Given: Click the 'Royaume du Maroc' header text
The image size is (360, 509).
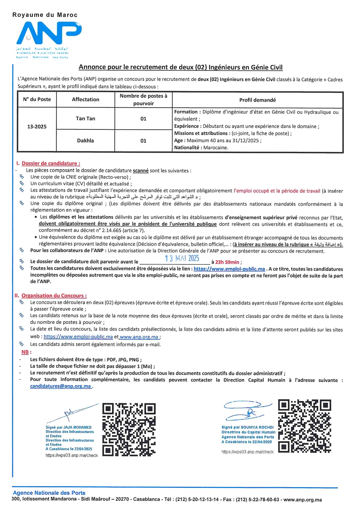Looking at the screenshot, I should tap(45, 15).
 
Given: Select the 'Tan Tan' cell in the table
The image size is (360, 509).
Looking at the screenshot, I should tap(85, 118).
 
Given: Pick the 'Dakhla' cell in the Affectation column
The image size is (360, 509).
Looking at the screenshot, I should tap(85, 140).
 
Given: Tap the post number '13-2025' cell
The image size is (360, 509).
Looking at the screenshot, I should tap(37, 127).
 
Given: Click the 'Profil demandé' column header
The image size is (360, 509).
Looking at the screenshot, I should tap(257, 100).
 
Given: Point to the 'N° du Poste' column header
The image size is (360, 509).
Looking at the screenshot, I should tap(37, 99).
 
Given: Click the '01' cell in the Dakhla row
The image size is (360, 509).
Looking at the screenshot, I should tap(143, 141).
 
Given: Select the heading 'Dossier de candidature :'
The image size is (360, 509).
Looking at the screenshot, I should tap(51, 163).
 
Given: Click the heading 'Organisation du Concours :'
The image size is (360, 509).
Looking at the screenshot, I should tap(54, 295).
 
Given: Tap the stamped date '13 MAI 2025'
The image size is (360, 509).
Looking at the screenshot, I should tap(182, 258).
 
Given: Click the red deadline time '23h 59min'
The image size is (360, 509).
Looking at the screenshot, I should tap(227, 262).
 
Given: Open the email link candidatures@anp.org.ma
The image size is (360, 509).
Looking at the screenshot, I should tap(60, 386).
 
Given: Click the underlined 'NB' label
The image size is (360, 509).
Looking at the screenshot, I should tap(25, 352).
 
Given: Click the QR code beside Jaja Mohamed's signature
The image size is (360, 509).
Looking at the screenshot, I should tap(129, 429).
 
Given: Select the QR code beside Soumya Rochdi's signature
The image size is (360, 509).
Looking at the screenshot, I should tap(305, 426).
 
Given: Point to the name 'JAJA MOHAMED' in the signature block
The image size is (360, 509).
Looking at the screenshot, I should tap(77, 427).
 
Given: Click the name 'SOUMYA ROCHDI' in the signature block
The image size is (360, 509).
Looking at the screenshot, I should tap(257, 427).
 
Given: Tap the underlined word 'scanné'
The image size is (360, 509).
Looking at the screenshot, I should tap(141, 171).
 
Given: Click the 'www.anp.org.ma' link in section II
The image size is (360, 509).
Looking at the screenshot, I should tap(139, 337).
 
